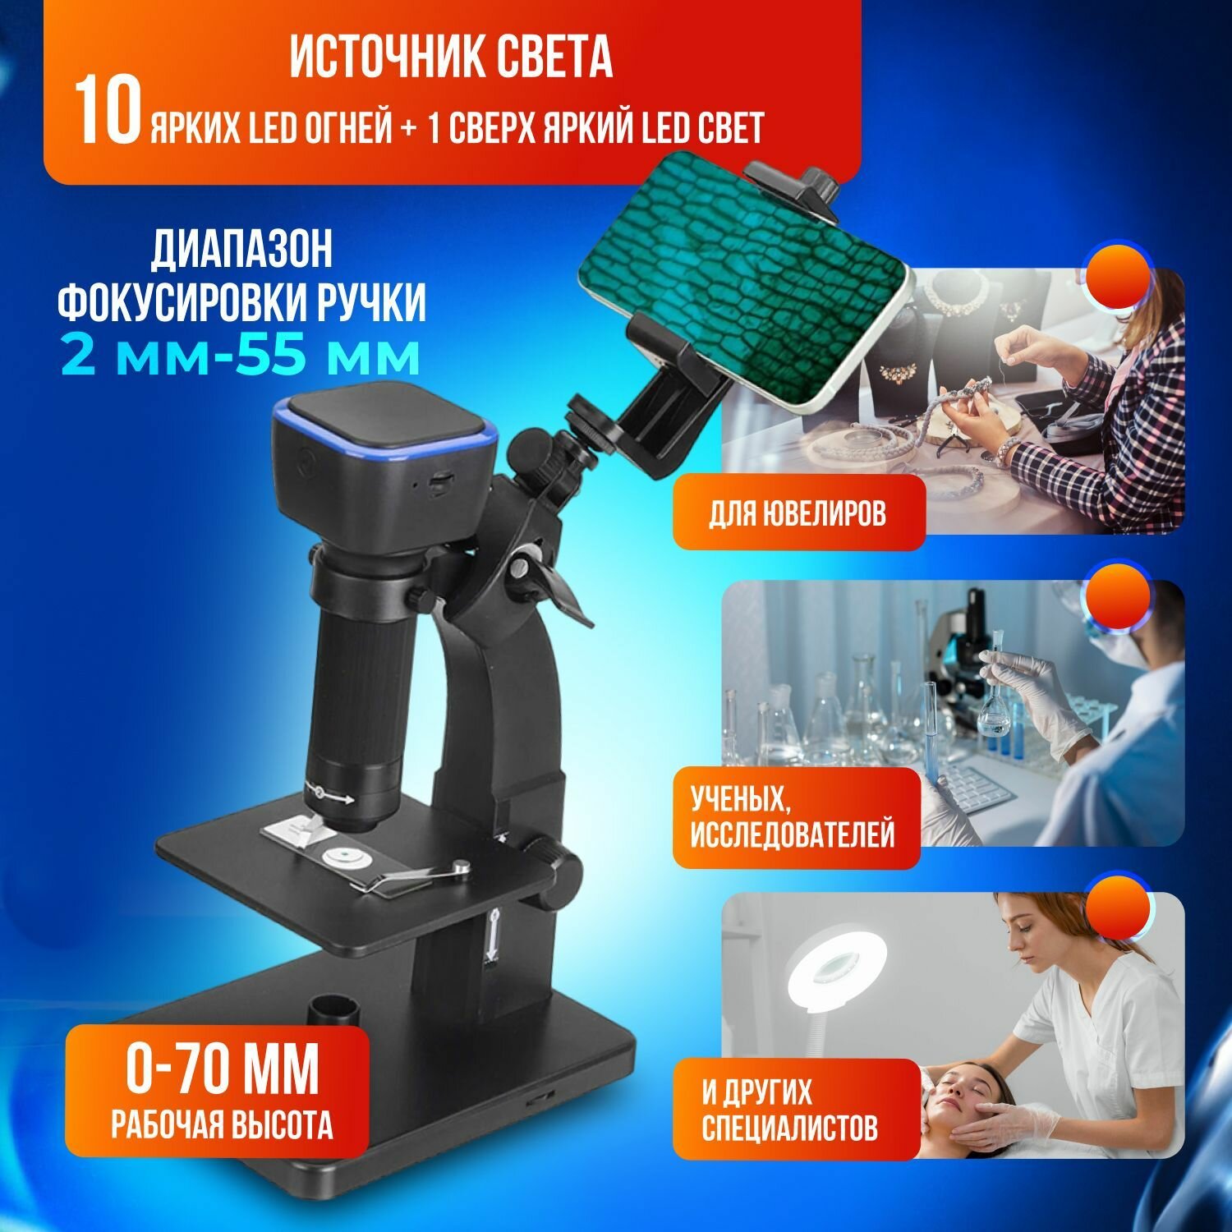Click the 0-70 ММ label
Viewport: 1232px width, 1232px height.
coord(222,1067)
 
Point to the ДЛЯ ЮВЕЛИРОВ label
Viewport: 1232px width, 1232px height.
coord(798,514)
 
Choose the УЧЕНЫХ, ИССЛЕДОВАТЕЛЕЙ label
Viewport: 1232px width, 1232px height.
coord(792,817)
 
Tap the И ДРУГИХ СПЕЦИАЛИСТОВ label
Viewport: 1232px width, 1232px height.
coord(789,1110)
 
